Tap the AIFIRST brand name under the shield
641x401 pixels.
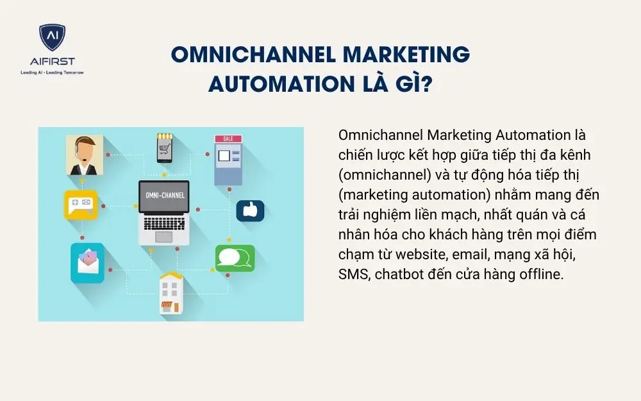(x=52, y=62)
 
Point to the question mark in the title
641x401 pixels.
(x=425, y=84)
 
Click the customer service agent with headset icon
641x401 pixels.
(x=84, y=155)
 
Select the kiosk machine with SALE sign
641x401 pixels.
(x=228, y=160)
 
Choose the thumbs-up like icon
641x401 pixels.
(x=250, y=210)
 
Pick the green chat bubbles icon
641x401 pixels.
(x=235, y=258)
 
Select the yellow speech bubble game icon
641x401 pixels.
(x=80, y=205)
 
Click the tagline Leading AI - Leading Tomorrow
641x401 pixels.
(x=52, y=73)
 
